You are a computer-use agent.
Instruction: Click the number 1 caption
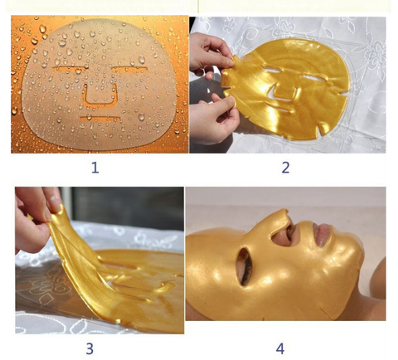coord(95,168)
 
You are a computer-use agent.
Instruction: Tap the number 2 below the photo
coord(285,168)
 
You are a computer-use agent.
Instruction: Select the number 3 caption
coord(90,348)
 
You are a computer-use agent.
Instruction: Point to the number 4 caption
coord(280,348)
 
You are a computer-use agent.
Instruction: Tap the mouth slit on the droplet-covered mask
coord(100,119)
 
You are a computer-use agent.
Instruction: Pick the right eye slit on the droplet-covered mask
coord(130,68)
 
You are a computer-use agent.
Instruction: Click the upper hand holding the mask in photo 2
coord(209,56)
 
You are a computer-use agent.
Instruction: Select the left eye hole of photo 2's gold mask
coord(273,71)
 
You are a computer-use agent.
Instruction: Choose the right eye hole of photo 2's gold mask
coord(313,77)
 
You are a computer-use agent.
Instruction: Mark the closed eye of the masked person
coord(245,267)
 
